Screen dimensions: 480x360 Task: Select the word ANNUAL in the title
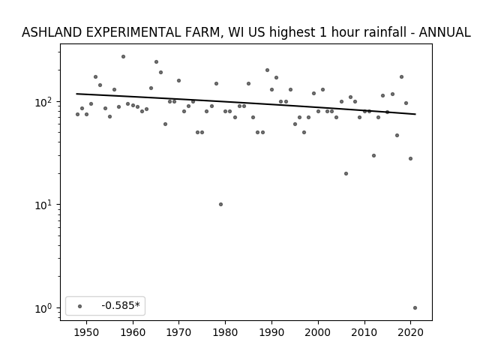(x=445, y=32)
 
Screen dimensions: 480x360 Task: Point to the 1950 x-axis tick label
(x=87, y=332)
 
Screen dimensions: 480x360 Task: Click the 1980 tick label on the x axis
(x=226, y=332)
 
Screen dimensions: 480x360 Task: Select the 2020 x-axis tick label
(x=410, y=332)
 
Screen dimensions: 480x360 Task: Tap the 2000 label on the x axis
(x=318, y=332)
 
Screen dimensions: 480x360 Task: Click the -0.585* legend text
(x=121, y=305)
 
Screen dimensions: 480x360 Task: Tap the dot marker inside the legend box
(x=79, y=306)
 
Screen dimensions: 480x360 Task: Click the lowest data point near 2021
(x=415, y=308)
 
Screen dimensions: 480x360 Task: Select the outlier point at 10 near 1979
(x=220, y=204)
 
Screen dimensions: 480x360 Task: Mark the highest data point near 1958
(x=123, y=57)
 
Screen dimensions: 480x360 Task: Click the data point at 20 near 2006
(x=346, y=173)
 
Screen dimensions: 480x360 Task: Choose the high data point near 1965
(x=157, y=61)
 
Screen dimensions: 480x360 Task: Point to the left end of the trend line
(x=76, y=94)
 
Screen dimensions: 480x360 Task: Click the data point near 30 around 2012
(x=373, y=155)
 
